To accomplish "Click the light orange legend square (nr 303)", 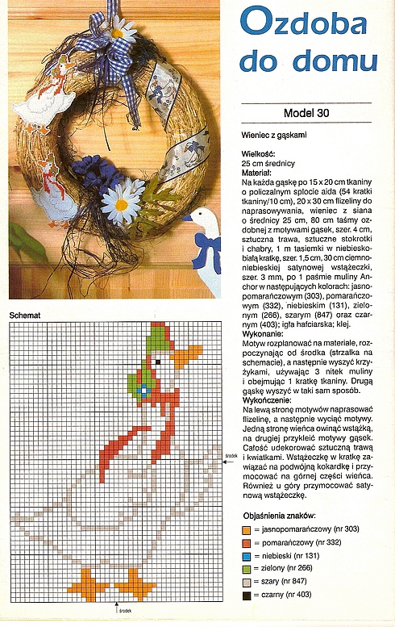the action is pos(247,529).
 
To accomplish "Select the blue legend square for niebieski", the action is pos(247,556).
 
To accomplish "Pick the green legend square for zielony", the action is pos(247,569).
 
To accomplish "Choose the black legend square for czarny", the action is pos(247,596).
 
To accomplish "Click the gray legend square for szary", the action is pos(247,583).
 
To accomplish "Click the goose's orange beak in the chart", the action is pos(187,356).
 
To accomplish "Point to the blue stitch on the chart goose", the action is pos(145,391).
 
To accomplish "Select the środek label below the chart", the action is pos(125,611).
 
